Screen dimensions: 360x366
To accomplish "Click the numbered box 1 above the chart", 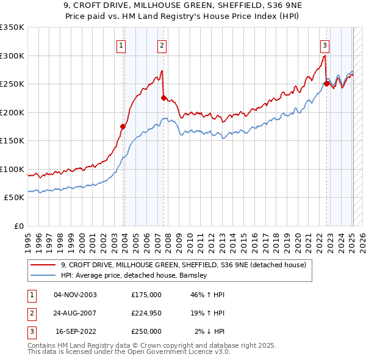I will point(121,45).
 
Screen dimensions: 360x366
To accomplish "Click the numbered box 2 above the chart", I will point(162,45).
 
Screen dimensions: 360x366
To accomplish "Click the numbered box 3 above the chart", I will point(325,45).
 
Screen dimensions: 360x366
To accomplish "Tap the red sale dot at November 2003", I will point(123,127).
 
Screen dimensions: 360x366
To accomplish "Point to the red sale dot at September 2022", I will point(326,84).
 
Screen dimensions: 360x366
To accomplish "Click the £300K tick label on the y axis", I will point(12,56).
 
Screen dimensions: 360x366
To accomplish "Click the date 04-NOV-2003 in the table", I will point(75,295).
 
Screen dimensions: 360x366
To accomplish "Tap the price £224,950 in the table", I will point(146,313).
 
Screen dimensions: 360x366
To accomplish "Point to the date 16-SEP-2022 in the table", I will point(76,331).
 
